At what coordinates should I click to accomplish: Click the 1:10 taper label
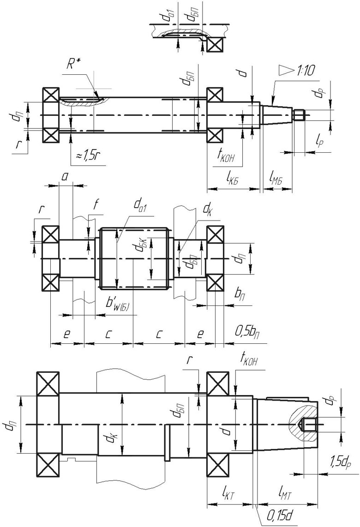point(306,71)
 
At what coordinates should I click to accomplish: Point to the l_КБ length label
point(229,178)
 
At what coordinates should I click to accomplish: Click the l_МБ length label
point(276,178)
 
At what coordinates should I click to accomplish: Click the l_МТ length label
point(285,495)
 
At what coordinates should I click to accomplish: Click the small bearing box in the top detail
point(215,44)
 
